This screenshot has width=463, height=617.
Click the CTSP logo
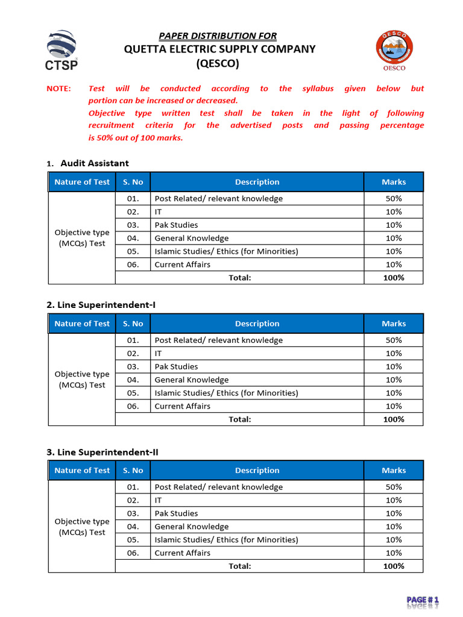point(61,49)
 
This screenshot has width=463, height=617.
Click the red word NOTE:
point(58,89)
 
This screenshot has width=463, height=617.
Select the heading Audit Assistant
point(95,163)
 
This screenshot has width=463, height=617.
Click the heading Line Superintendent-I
point(101,305)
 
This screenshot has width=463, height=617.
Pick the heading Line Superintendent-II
point(102,452)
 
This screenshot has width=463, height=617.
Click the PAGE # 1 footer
point(423,600)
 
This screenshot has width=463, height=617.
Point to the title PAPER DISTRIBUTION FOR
point(218,36)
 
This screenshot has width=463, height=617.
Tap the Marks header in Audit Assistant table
point(394,182)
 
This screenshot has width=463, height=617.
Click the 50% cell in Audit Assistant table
point(394,198)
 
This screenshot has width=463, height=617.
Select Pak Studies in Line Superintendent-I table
point(176,366)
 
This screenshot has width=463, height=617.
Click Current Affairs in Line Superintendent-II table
point(183,553)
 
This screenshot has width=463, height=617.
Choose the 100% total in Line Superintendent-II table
point(394,566)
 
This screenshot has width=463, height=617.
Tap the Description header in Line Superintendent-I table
point(257,324)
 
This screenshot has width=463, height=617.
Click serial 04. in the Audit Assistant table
point(133,238)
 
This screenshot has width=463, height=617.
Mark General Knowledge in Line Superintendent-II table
point(192,527)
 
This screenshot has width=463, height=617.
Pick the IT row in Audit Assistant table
point(159,211)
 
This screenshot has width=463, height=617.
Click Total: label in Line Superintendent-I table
point(239,419)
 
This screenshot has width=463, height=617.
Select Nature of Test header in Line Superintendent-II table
point(82,471)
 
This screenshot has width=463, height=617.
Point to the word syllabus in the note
point(318,89)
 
